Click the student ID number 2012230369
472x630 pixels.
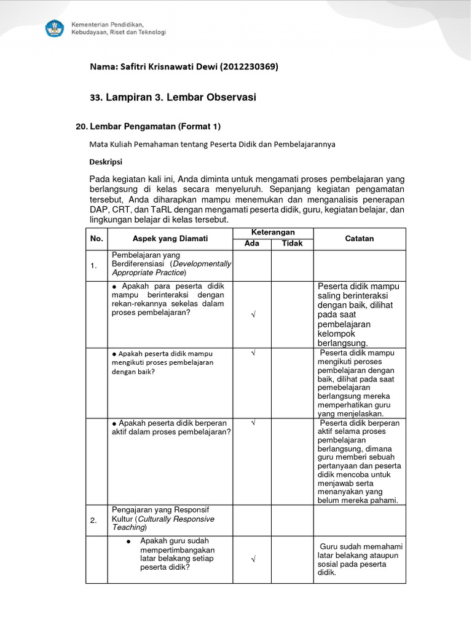[248, 67]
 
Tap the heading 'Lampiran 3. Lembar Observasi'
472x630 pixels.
[181, 97]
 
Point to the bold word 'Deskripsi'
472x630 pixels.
[106, 162]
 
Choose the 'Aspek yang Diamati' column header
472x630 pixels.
[170, 239]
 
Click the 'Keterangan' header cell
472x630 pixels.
[273, 233]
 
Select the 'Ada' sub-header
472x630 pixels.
[252, 244]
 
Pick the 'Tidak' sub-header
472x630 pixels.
[293, 244]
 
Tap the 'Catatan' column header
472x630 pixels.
[360, 239]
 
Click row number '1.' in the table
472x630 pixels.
[94, 266]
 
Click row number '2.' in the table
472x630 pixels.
[94, 520]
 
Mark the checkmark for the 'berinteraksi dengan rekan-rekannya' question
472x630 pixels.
[253, 314]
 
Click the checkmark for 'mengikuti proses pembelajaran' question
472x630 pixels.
[253, 354]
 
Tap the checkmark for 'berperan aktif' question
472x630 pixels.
[253, 424]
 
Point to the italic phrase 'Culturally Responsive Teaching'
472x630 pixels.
[162, 523]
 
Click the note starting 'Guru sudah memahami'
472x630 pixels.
[359, 559]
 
